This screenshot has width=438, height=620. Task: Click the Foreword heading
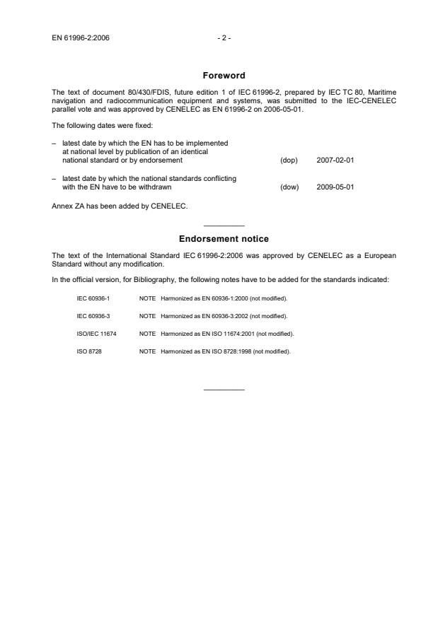click(223, 76)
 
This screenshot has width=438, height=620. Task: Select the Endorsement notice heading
click(223, 239)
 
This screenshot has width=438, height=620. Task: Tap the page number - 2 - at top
click(224, 37)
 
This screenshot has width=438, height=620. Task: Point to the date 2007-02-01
click(335, 160)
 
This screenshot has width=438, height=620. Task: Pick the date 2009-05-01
click(335, 187)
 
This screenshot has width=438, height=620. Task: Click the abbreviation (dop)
click(289, 160)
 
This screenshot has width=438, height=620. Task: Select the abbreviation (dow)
click(289, 187)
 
